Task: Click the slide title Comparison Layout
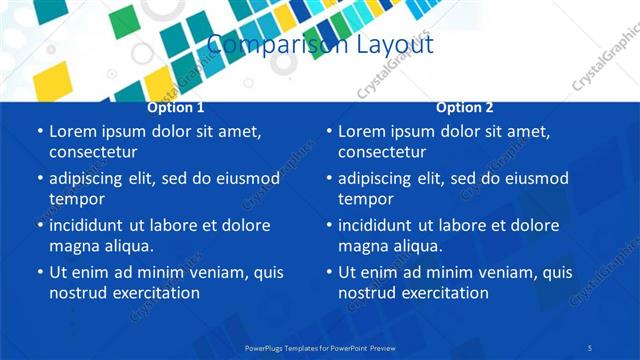(320, 45)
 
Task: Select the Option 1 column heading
(176, 107)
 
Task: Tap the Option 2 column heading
(465, 107)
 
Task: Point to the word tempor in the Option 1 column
(73, 199)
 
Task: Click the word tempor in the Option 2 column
(362, 199)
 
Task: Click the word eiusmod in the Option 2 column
(538, 179)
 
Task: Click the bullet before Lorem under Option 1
(39, 131)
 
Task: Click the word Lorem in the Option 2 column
(361, 131)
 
